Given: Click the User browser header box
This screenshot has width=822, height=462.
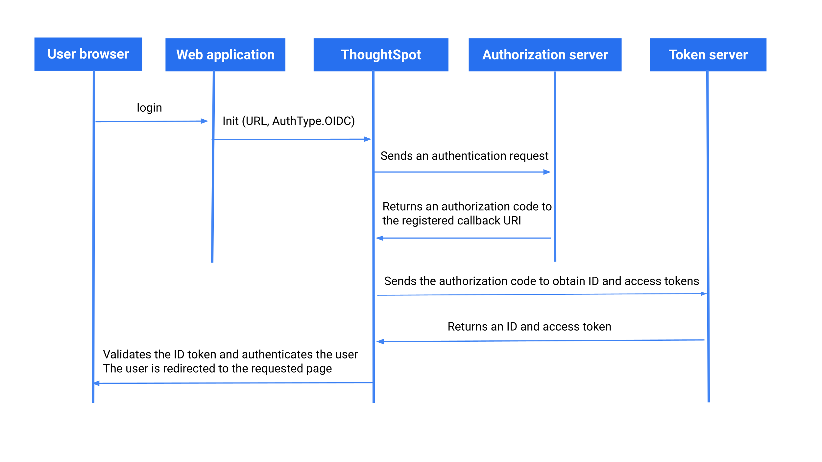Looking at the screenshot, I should point(88,54).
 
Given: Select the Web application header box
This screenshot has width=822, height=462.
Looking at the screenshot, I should point(225,55).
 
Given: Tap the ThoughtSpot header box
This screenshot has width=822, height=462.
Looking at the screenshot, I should point(381,55).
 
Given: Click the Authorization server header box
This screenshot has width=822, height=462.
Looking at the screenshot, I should point(545,55).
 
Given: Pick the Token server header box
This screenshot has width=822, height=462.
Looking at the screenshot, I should point(708,55).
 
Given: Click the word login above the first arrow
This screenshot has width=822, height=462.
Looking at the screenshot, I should point(149,108).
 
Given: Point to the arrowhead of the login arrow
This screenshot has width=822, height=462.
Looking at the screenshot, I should point(205,121).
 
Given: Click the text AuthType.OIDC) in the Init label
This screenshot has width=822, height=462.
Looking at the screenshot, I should point(313,121).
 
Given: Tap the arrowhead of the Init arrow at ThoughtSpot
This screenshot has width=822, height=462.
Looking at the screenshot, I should point(368,139).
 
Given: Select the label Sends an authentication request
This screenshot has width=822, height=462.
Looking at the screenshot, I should point(464,156).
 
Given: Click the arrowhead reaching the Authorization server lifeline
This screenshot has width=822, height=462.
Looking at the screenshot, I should point(547,172).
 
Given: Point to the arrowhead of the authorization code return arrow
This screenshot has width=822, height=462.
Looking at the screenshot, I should point(379,238).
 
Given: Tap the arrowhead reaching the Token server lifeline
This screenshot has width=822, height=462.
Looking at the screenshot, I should point(704,293).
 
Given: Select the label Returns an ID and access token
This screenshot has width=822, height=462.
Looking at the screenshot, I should point(529,326).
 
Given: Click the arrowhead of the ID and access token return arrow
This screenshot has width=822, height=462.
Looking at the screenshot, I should point(380,342).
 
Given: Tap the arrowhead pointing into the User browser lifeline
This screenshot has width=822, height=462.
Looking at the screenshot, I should point(97,383).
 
